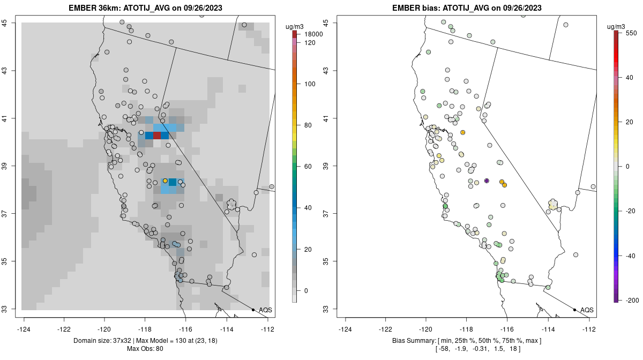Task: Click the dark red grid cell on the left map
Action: coord(156,136)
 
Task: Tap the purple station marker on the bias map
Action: coord(487,181)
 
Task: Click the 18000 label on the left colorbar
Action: coord(313,34)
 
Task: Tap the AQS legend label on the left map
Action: coord(265,310)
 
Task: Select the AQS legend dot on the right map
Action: coord(574,310)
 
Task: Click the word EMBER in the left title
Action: coord(80,8)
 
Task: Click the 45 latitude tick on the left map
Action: coord(13,22)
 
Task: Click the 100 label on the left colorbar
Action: coord(309,84)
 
